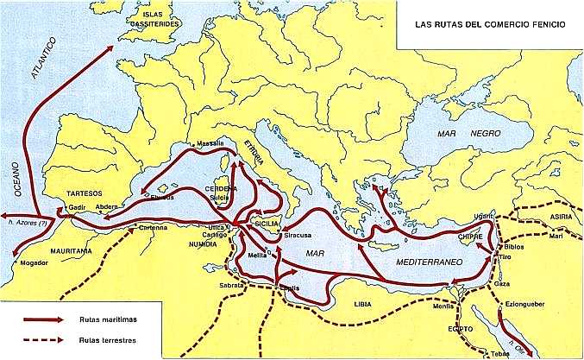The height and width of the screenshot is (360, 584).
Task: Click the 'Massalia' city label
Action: [210, 142]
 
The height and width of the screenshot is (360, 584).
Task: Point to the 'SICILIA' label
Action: [265, 223]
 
